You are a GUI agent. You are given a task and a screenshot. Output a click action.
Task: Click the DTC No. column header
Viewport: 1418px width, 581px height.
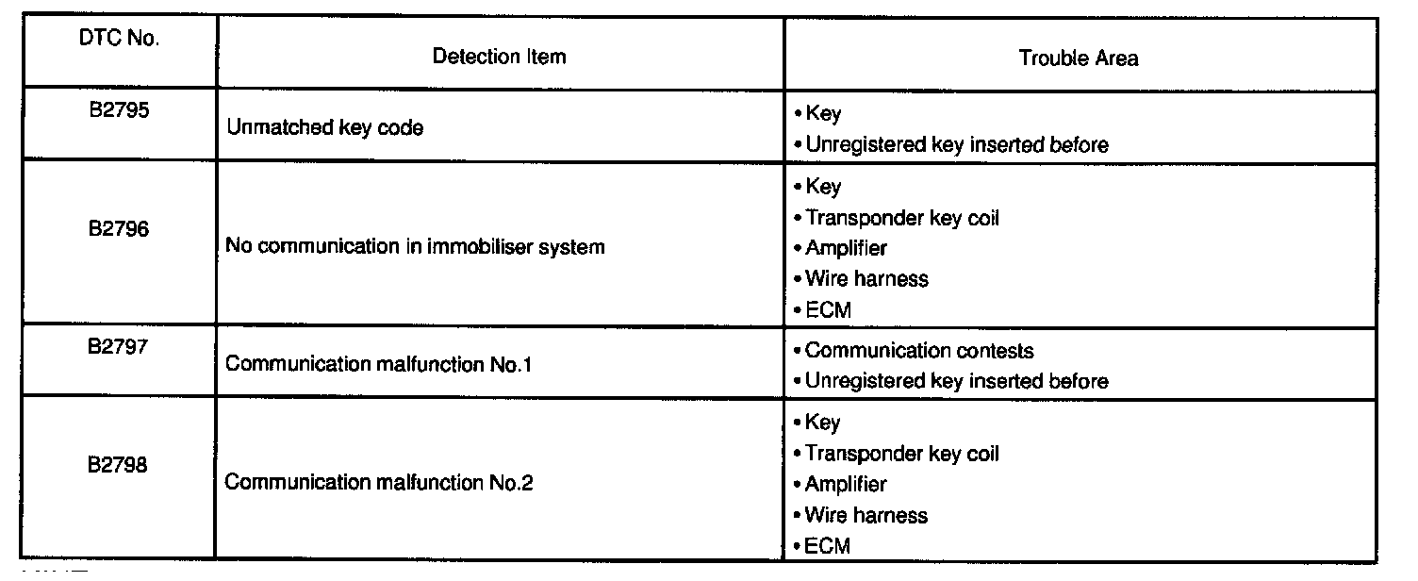[121, 39]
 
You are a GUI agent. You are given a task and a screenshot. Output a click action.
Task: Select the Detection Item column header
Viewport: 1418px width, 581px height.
[499, 57]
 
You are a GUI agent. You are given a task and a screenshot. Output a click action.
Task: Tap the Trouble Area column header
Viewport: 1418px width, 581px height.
[1078, 58]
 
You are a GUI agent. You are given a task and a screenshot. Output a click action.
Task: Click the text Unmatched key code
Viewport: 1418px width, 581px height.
[324, 127]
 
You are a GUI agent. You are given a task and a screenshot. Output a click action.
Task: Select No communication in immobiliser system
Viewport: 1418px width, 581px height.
[415, 247]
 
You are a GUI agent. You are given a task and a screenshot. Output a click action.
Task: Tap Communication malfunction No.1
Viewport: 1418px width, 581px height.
[379, 364]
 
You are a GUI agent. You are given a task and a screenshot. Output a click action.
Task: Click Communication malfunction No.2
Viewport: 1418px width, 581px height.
[379, 483]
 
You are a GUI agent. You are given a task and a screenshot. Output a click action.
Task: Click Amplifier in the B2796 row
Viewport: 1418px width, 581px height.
[846, 248]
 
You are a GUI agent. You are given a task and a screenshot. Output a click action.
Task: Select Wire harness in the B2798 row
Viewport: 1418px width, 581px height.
[866, 515]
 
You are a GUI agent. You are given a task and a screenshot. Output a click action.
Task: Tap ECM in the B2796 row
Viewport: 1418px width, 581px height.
[827, 309]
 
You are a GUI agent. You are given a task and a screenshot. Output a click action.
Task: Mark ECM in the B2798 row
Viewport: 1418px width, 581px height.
[827, 545]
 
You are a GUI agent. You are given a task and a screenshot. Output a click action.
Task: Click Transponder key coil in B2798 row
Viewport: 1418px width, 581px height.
[901, 454]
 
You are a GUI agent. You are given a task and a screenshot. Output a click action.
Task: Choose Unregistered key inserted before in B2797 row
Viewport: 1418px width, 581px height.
[956, 381]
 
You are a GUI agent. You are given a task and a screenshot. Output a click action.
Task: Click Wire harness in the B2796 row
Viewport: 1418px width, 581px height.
[866, 279]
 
